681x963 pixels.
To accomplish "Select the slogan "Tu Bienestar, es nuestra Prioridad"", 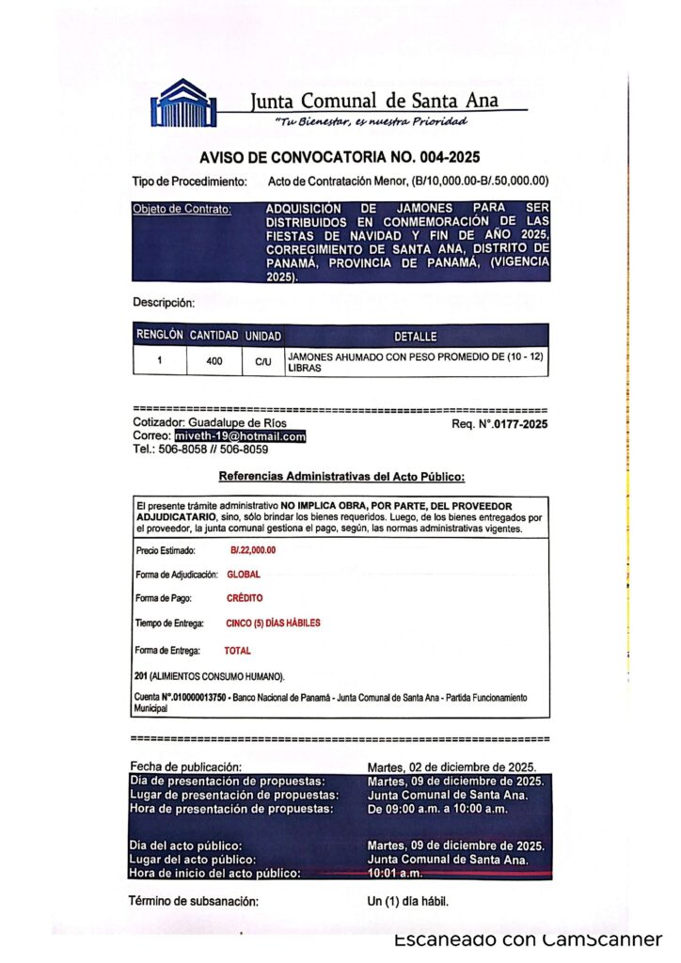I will (x=371, y=121).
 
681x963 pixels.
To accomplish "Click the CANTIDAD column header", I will (x=214, y=336).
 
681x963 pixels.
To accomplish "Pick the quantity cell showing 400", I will (x=214, y=360).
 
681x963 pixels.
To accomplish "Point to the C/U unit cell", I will (x=263, y=361).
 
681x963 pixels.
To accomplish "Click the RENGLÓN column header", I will (x=159, y=336).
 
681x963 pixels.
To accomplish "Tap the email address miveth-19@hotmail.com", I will (x=240, y=436).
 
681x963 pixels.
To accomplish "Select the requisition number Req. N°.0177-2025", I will (x=499, y=424).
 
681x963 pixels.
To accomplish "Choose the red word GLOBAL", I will (x=244, y=574).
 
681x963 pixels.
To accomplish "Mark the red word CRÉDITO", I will (x=245, y=598).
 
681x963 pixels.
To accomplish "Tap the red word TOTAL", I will (x=237, y=650).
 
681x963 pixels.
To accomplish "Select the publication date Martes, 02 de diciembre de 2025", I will (x=451, y=767).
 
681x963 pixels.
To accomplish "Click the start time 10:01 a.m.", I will (x=390, y=874).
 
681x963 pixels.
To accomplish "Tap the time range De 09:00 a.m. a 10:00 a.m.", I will (x=436, y=809).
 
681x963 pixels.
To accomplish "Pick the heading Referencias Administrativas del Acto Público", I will (x=341, y=477).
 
